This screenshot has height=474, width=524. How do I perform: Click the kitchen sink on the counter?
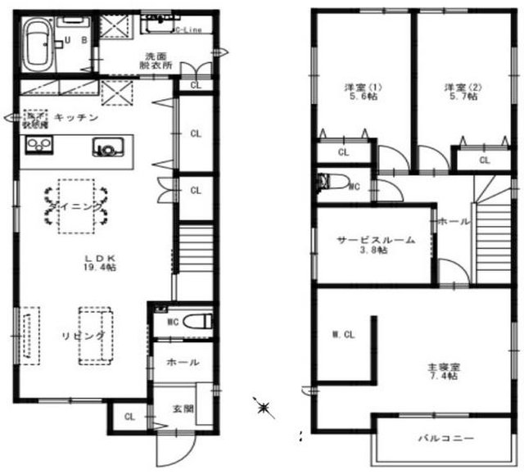click(106, 148)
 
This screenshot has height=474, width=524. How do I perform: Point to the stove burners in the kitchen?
click(38, 147)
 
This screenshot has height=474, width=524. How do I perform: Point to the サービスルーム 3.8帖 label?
click(374, 245)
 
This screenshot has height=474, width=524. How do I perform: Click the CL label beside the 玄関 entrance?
click(129, 417)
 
